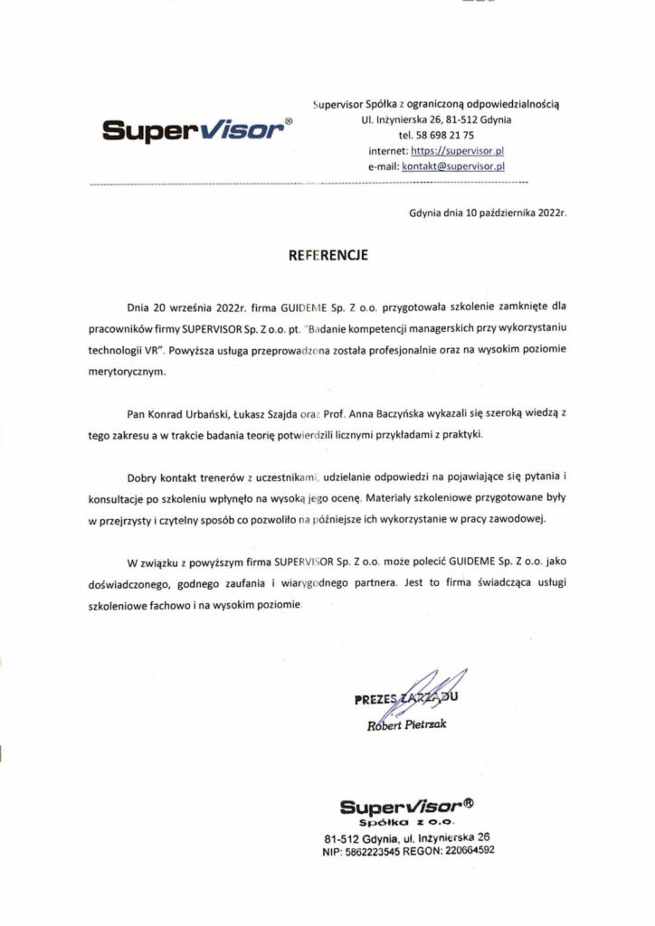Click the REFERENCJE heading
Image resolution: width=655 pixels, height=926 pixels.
point(327,257)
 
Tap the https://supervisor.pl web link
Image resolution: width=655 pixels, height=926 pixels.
point(457,150)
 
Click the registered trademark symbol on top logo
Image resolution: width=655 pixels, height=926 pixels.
point(288,119)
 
